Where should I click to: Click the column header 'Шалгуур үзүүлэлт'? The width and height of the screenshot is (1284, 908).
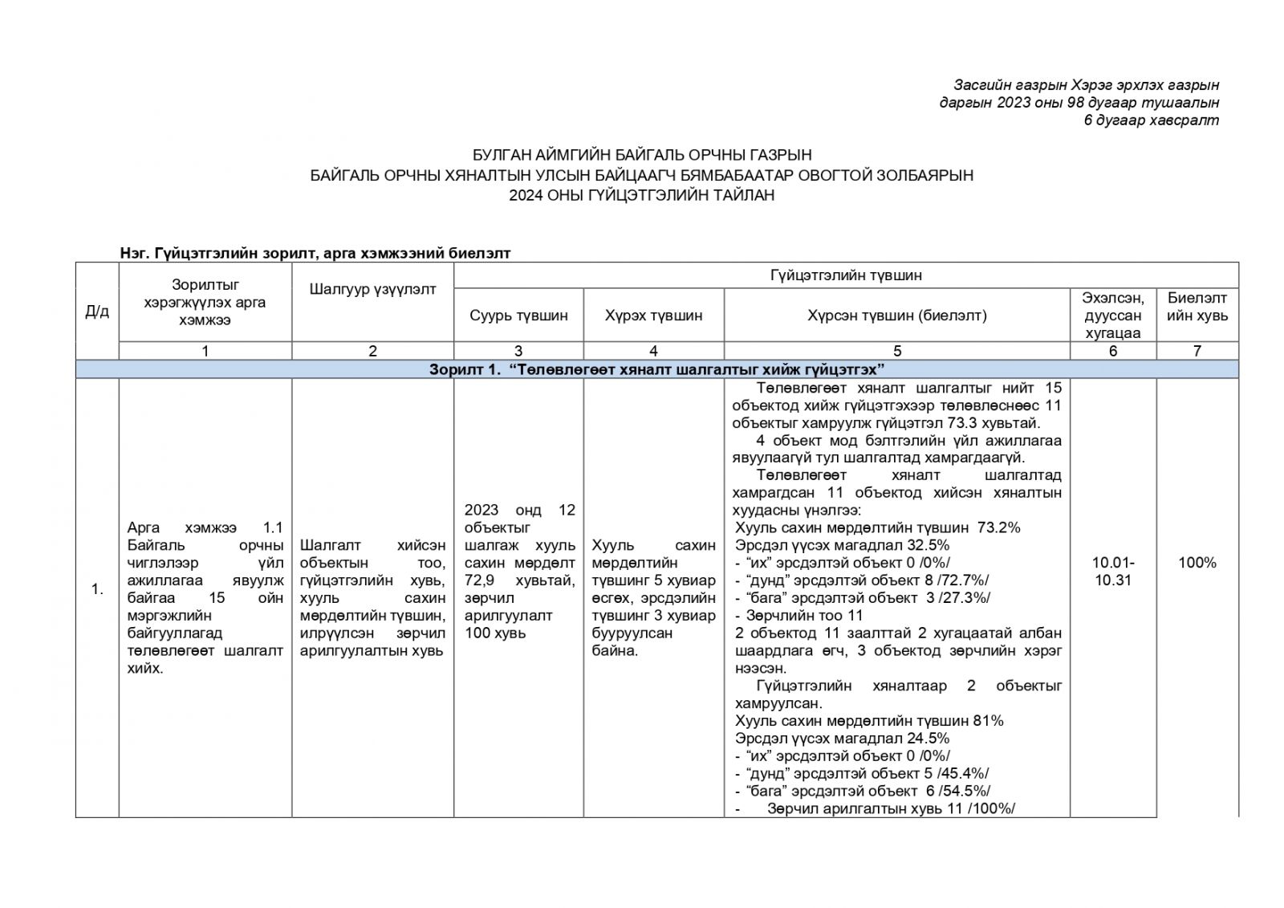click(x=372, y=289)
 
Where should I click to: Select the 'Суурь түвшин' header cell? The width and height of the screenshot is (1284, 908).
click(x=518, y=316)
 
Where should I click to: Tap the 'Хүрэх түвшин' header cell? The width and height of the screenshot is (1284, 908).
click(x=653, y=316)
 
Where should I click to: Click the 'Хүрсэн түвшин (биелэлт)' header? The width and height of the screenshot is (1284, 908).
click(x=896, y=316)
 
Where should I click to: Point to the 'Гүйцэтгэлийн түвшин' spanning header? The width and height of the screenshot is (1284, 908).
click(x=846, y=275)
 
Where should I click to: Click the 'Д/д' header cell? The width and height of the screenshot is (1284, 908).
click(x=97, y=311)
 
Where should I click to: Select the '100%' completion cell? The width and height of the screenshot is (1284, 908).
click(x=1197, y=563)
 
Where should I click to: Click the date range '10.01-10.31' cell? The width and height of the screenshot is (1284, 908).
click(x=1113, y=571)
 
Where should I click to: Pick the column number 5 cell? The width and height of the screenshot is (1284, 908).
click(x=896, y=351)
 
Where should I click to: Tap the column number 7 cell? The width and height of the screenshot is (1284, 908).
click(x=1197, y=351)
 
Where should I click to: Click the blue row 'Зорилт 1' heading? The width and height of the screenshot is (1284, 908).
click(x=656, y=369)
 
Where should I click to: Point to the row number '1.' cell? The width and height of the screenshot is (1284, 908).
click(x=97, y=589)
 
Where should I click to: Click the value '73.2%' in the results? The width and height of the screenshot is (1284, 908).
click(x=998, y=527)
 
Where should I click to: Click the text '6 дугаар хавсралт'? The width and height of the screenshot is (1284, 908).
click(x=1151, y=120)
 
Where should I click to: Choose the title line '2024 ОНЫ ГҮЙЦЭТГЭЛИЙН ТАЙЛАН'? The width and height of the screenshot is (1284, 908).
click(x=641, y=194)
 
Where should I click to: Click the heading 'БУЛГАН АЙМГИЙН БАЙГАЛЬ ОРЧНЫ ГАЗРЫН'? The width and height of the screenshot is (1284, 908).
click(x=641, y=155)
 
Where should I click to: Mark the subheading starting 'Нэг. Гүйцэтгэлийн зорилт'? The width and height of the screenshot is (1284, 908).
click(x=315, y=253)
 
